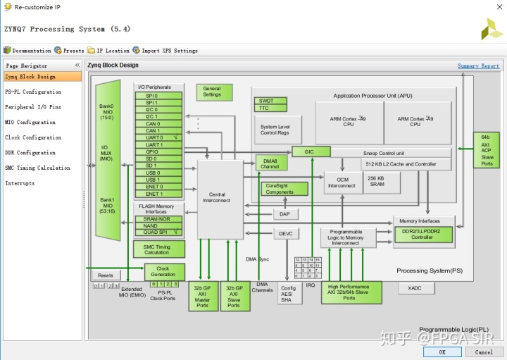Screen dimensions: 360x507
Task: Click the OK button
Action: pyautogui.click(x=442, y=352)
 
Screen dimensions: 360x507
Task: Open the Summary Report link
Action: pyautogui.click(x=478, y=66)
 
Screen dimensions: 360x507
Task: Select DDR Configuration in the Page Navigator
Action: pyautogui.click(x=30, y=153)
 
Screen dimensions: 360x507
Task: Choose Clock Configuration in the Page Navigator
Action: pyautogui.click(x=33, y=137)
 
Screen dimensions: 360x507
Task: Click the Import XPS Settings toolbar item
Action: pyautogui.click(x=169, y=51)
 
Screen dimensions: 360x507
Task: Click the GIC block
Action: pyautogui.click(x=311, y=151)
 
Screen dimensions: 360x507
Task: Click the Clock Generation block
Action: pyautogui.click(x=164, y=272)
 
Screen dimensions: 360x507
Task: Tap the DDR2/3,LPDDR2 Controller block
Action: pyautogui.click(x=423, y=234)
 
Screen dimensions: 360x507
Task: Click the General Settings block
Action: pyautogui.click(x=213, y=92)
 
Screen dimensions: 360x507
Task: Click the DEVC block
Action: pyautogui.click(x=285, y=233)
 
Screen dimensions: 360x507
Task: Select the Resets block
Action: pyautogui.click(x=105, y=275)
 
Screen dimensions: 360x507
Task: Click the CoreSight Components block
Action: pyautogui.click(x=284, y=189)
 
